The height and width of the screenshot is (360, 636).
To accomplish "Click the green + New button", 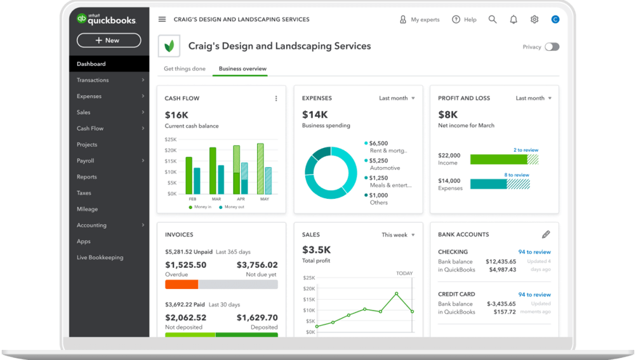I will (x=109, y=40).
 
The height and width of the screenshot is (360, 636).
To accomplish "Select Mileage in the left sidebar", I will (x=88, y=209).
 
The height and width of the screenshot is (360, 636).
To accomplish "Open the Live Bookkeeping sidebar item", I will (x=100, y=257).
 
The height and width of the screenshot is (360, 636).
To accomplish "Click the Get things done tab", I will (x=185, y=69).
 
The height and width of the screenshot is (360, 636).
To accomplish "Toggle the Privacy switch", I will (x=552, y=47).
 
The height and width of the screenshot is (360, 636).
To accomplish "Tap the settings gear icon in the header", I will (x=534, y=20).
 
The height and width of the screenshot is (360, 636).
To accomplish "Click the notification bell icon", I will (x=513, y=20).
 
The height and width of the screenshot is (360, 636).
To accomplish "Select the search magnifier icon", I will (x=493, y=20).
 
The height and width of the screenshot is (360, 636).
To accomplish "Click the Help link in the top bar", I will (x=464, y=20).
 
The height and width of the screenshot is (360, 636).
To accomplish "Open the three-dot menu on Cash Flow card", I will (x=276, y=98).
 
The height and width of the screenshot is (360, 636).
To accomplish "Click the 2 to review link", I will (x=526, y=150).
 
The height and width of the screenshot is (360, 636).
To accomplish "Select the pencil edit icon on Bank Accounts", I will (x=546, y=234).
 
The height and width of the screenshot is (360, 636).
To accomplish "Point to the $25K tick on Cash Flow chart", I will (x=171, y=139).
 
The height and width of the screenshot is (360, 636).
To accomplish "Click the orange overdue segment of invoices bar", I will (x=182, y=284).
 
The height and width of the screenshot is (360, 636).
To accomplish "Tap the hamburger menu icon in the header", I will (x=162, y=20).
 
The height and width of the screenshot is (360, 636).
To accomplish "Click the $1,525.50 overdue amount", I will (x=185, y=265).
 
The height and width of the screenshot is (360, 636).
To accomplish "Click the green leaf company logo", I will (x=169, y=46).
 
